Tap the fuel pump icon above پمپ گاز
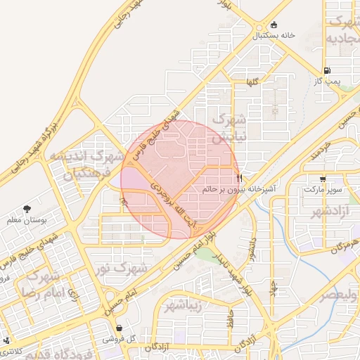pos(328,70)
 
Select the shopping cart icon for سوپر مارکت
pos(323,179)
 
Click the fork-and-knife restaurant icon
pos(240,179)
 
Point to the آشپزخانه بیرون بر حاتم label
pos(240,189)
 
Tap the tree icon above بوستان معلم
pos(27,209)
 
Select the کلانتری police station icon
pos(7,341)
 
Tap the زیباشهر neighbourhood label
pos(184,306)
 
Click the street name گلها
pos(252,83)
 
